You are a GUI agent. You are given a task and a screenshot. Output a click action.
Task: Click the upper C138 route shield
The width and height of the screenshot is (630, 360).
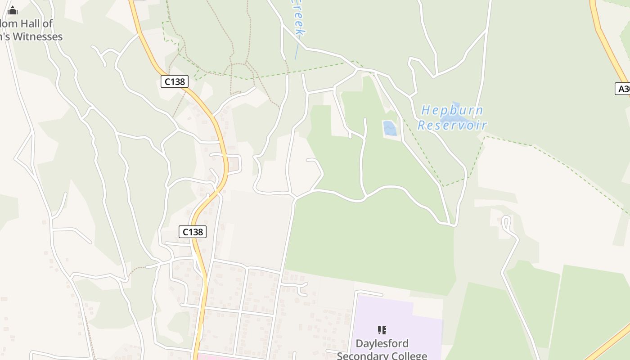click(x=174, y=81)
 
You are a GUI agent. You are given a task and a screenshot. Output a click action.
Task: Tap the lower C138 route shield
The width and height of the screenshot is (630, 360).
click(x=193, y=232)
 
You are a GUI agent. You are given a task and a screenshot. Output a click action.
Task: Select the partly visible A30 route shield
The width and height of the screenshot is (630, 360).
click(x=623, y=89)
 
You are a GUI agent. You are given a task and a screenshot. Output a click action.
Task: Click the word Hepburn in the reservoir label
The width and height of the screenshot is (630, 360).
click(x=452, y=111)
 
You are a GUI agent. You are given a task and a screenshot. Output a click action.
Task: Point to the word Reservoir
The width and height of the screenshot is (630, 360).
click(x=452, y=125)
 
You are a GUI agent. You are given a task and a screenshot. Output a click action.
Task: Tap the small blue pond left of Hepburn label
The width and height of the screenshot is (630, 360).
click(x=390, y=128)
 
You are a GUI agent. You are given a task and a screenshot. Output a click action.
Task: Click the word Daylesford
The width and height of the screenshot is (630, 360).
click(x=382, y=344)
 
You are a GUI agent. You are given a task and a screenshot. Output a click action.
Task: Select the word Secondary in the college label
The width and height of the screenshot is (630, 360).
click(x=364, y=356)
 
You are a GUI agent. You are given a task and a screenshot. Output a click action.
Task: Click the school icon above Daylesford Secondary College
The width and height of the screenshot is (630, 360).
click(x=382, y=331)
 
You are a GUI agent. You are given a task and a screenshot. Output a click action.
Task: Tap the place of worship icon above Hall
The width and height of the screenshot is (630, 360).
click(x=13, y=10)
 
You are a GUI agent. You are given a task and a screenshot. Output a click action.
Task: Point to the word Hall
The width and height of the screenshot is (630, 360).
click(x=41, y=23)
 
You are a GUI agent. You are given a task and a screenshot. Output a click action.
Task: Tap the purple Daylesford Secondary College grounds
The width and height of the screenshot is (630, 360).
click(x=396, y=315)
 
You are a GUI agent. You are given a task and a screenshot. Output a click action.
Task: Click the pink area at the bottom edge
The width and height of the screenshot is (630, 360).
click(x=216, y=357)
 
